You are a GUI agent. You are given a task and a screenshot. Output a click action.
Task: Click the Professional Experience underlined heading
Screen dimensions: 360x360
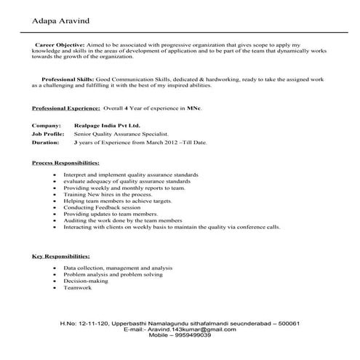pos(66,108)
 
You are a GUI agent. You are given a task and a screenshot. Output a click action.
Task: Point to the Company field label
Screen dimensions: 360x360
pos(45,126)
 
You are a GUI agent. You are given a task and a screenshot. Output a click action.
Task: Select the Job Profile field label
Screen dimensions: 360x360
pos(49,135)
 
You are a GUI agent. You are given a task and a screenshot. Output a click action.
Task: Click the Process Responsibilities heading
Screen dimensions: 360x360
pos(65,163)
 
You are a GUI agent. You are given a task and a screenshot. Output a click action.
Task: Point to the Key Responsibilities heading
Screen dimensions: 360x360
pos(61,257)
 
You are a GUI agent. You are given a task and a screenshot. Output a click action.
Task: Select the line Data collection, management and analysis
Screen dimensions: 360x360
pos(113,268)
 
